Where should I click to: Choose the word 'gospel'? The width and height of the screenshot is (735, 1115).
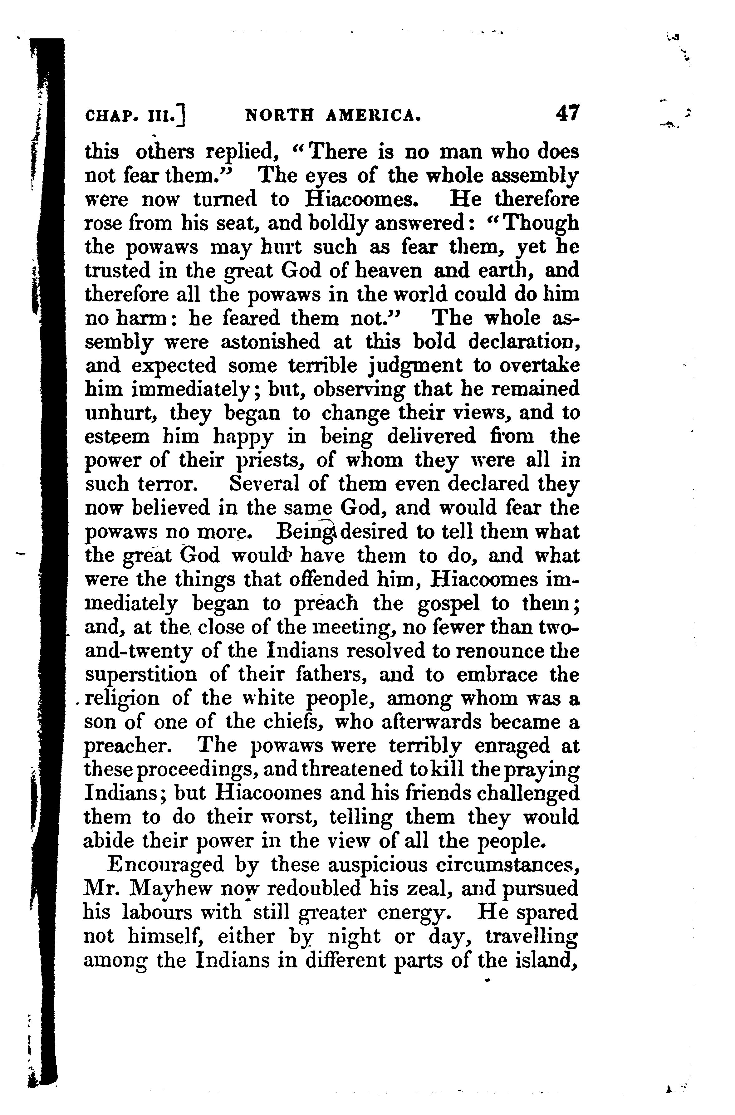point(448,604)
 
